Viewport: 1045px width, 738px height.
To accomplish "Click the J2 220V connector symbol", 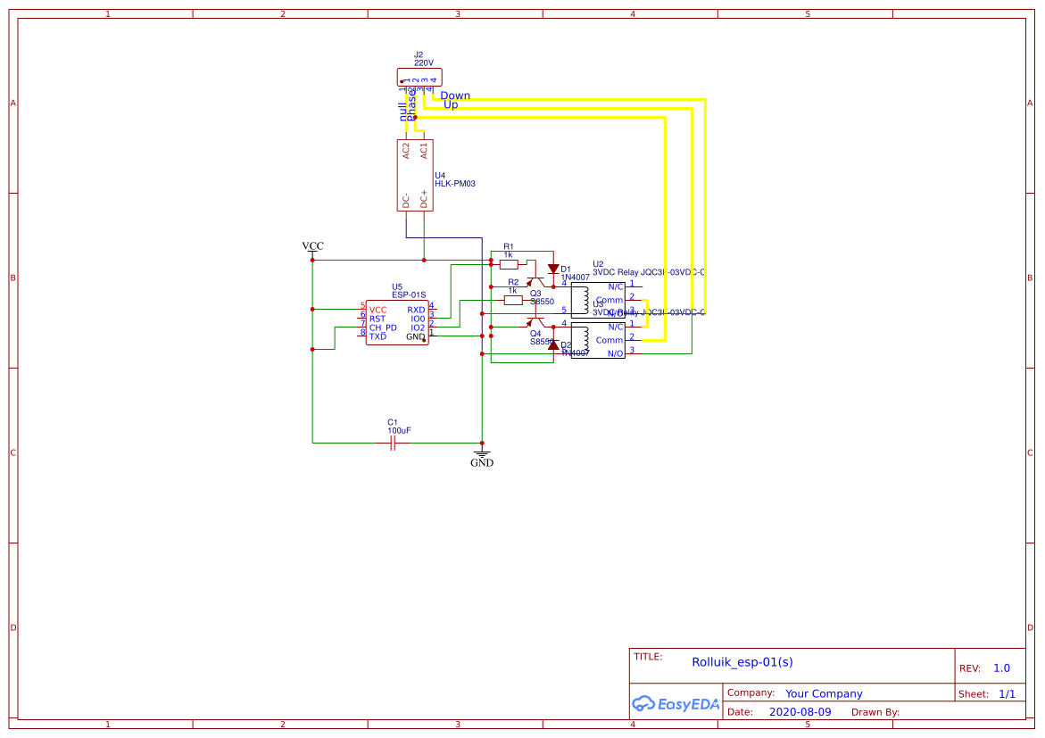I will point(419,78).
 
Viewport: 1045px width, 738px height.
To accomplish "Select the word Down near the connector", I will point(455,95).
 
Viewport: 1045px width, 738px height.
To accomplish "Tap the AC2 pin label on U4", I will point(406,151).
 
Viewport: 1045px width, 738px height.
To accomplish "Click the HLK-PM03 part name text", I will point(455,184).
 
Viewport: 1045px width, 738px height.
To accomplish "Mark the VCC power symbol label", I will point(312,246).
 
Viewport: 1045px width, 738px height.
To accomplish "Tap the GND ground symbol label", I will point(482,462).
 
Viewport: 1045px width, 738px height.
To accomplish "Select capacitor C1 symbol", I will point(394,443).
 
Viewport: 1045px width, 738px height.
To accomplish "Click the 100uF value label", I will point(399,431).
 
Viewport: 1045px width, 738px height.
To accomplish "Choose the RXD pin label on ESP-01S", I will point(416,310).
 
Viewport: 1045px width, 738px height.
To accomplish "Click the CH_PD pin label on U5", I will point(383,328).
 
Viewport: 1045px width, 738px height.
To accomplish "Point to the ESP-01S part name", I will point(409,294).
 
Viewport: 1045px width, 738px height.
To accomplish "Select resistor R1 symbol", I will point(509,264).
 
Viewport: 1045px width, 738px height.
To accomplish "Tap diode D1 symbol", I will point(553,269).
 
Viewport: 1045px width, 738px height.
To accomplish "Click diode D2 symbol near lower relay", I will point(553,344).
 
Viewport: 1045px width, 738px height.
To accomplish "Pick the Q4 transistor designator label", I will point(535,333).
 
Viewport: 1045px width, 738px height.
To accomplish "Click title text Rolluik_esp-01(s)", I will point(742,662).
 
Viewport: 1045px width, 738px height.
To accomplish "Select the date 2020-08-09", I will point(800,712).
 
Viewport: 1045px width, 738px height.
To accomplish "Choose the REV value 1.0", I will point(1001,668).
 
